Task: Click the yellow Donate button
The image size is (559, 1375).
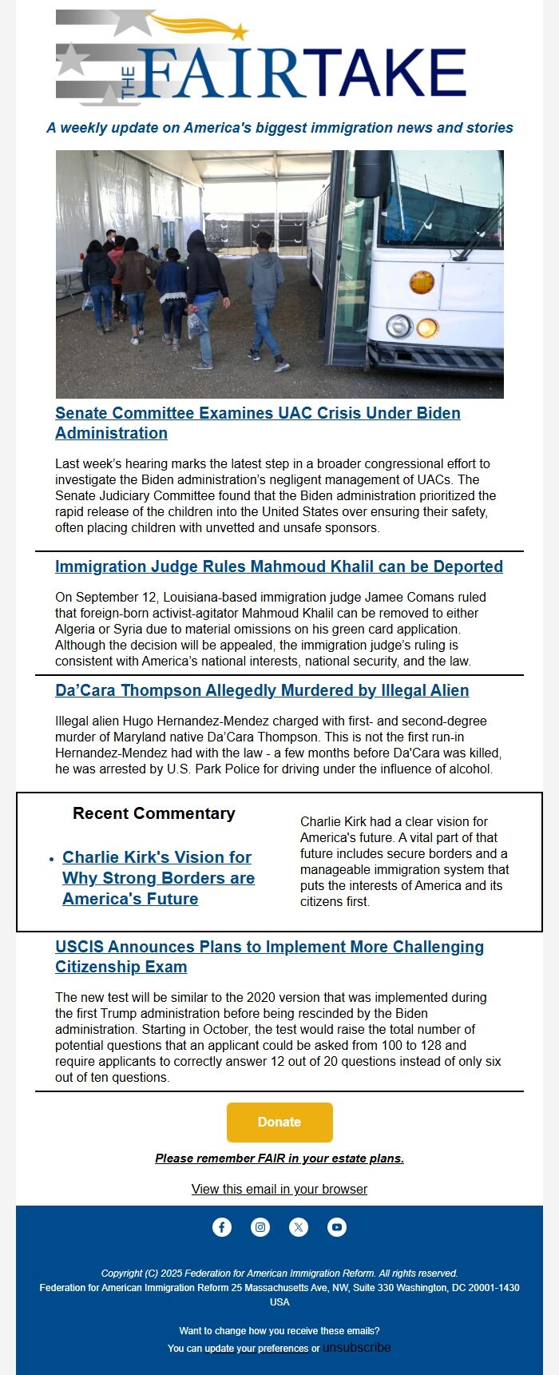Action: (279, 1122)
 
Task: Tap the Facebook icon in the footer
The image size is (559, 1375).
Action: (222, 1227)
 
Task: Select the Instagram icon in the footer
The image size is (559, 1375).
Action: (260, 1227)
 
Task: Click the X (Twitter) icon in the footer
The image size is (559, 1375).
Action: (299, 1227)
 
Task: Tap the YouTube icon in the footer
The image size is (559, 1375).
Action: (337, 1227)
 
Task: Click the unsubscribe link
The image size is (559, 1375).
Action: (357, 1348)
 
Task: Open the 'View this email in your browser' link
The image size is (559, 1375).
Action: (279, 1189)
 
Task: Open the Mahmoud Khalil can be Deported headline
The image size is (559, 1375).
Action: (279, 566)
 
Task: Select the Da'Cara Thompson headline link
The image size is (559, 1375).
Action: (262, 690)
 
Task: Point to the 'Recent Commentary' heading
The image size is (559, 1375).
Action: (154, 813)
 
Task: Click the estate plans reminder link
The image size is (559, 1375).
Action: (279, 1158)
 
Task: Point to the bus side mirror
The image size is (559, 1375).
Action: (371, 173)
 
